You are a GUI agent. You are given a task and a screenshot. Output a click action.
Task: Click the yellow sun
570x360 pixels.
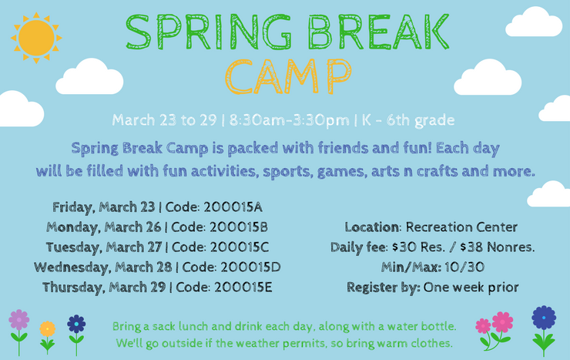point(36,38)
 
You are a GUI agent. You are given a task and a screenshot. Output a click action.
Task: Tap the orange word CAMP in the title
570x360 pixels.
point(288,77)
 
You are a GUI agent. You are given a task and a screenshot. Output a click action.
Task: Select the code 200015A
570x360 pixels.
point(233,207)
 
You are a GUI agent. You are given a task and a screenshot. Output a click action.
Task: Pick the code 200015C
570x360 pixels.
point(240,247)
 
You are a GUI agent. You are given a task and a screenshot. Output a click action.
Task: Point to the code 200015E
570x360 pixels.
point(243,288)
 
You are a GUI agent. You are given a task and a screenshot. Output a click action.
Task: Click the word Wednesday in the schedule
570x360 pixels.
point(72,268)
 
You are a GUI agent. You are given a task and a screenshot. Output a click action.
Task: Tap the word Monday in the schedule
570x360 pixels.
point(74,227)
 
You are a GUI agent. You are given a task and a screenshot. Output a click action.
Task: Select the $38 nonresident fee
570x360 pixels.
point(472,247)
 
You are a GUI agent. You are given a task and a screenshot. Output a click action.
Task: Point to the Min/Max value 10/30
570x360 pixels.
point(464,267)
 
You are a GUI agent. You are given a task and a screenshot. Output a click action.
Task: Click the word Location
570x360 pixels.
point(371,227)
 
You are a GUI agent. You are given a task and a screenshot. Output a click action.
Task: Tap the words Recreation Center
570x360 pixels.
point(461,227)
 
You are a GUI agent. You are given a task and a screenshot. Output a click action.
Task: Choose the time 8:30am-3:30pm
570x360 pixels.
point(290,120)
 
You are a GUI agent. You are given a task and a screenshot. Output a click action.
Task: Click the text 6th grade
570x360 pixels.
point(421,120)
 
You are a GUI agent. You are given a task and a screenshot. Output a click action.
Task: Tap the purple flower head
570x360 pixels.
point(19,320)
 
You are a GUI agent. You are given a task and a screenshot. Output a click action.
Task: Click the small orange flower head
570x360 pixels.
point(48,328)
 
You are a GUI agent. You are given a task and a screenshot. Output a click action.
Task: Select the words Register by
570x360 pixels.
point(384,288)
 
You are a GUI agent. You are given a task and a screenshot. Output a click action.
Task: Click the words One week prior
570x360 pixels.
point(471,288)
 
